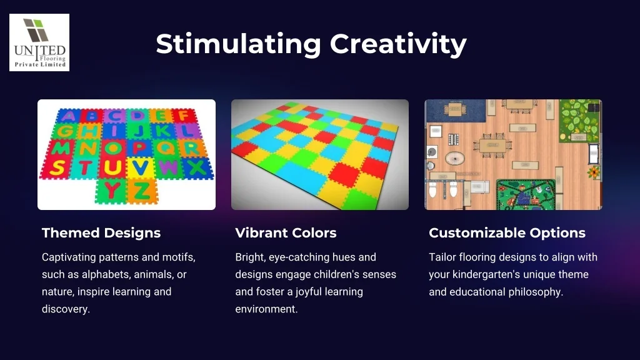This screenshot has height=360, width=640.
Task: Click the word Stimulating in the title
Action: click(x=239, y=44)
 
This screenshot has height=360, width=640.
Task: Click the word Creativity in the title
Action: click(x=398, y=44)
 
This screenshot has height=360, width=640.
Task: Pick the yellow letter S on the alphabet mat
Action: click(x=57, y=167)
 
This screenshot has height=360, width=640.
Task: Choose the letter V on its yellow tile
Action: click(x=141, y=167)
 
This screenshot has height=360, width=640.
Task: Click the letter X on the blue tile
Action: click(x=197, y=167)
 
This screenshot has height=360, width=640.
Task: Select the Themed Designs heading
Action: click(x=101, y=233)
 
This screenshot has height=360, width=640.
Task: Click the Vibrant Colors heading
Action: click(x=286, y=233)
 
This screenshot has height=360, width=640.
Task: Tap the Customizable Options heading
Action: click(x=507, y=233)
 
